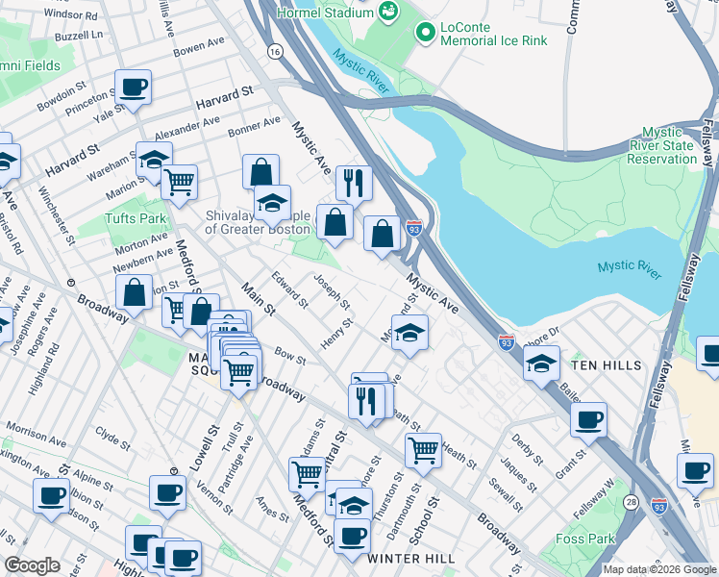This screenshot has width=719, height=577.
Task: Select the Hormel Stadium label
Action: [324, 13]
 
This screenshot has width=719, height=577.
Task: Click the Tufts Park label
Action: [136, 218]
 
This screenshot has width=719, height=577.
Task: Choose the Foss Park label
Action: [586, 539]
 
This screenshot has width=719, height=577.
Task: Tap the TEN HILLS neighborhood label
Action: [604, 366]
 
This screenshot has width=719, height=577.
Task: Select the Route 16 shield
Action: [276, 51]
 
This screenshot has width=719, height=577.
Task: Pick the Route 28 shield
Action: [632, 502]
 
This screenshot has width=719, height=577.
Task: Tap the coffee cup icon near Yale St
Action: [134, 88]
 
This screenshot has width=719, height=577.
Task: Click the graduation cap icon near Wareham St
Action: [154, 160]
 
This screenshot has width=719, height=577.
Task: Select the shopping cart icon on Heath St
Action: [423, 449]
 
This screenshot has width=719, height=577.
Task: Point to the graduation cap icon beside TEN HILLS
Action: [542, 364]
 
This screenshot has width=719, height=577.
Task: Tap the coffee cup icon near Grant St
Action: [588, 420]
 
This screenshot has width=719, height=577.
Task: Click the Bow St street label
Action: [290, 358]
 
